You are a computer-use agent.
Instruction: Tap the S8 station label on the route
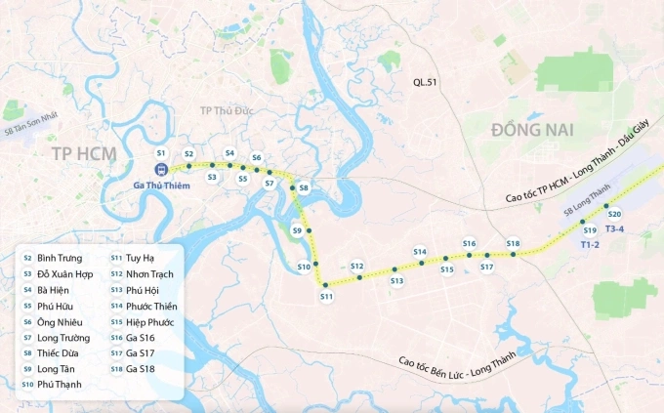point(304,187)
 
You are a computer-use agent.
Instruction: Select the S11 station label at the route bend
point(326,296)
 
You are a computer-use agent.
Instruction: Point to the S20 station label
point(614,214)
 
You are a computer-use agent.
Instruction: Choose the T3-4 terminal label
point(617,229)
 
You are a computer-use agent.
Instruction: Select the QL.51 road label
point(427,84)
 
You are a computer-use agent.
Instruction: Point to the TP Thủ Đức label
point(227,110)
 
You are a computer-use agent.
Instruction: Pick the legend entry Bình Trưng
point(59,258)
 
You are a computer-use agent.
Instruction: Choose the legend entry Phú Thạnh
point(59,385)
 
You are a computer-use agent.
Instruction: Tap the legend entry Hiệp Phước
point(149,321)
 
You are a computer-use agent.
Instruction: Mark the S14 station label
point(420,252)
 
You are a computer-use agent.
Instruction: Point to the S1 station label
point(161,153)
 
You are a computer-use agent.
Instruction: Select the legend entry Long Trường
point(62,337)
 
